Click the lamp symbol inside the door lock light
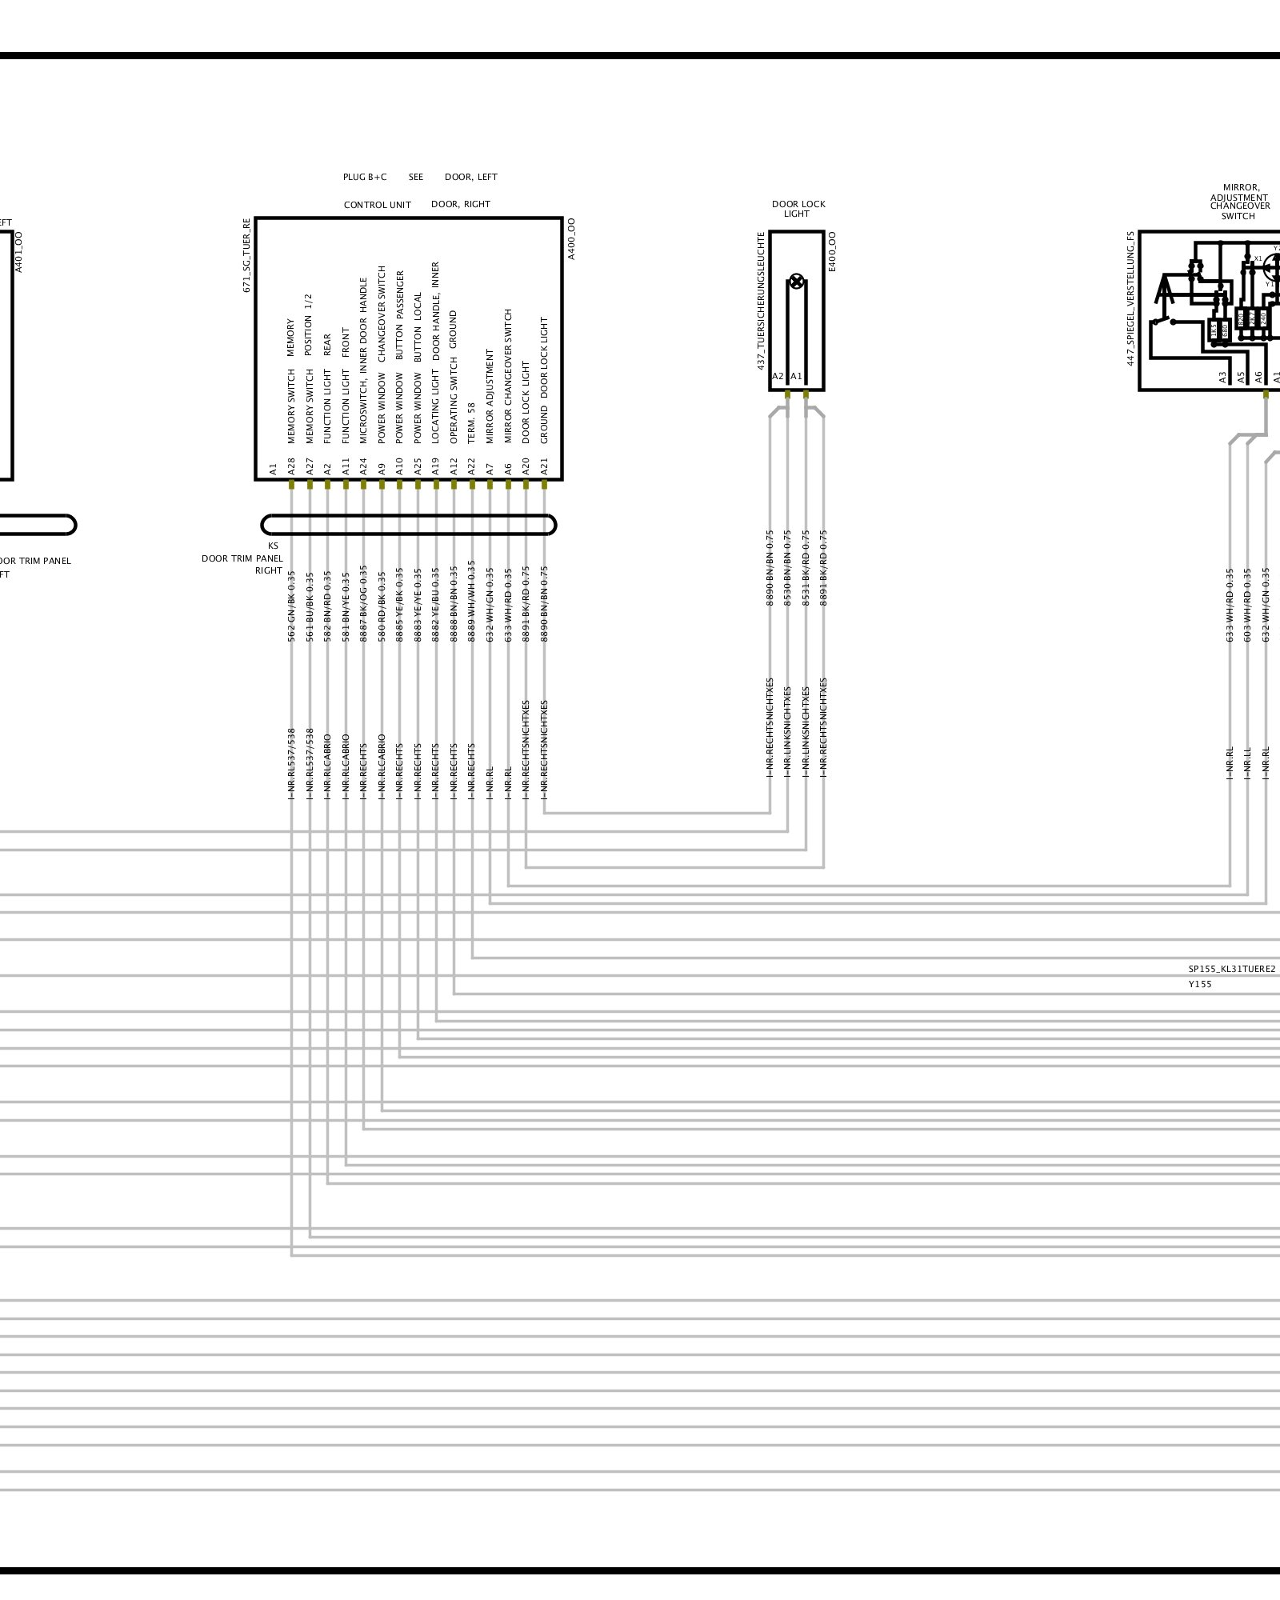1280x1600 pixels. click(x=796, y=281)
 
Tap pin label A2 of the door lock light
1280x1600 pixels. click(x=778, y=376)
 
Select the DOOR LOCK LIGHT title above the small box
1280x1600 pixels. click(x=798, y=209)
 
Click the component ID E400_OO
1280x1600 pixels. click(x=832, y=252)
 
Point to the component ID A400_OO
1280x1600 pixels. click(x=571, y=238)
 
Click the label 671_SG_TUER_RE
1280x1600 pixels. click(x=247, y=254)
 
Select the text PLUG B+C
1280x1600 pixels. click(x=365, y=177)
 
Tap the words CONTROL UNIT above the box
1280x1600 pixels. click(x=377, y=205)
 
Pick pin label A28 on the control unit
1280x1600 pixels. click(x=291, y=466)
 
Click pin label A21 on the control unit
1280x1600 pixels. click(x=544, y=466)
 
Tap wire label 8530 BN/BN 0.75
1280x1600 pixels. click(x=787, y=567)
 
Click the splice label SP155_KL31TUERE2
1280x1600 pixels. click(x=1231, y=969)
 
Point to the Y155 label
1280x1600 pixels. click(x=1199, y=984)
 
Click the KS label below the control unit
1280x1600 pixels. click(x=274, y=546)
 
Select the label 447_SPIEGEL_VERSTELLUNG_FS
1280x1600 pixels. click(x=1130, y=298)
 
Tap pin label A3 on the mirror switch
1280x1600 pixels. click(x=1222, y=377)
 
